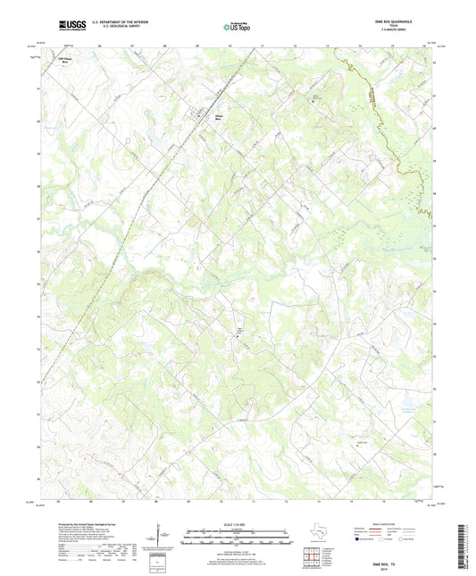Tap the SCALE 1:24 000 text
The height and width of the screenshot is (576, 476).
tap(237, 524)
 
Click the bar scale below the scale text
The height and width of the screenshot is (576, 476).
tap(237, 538)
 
